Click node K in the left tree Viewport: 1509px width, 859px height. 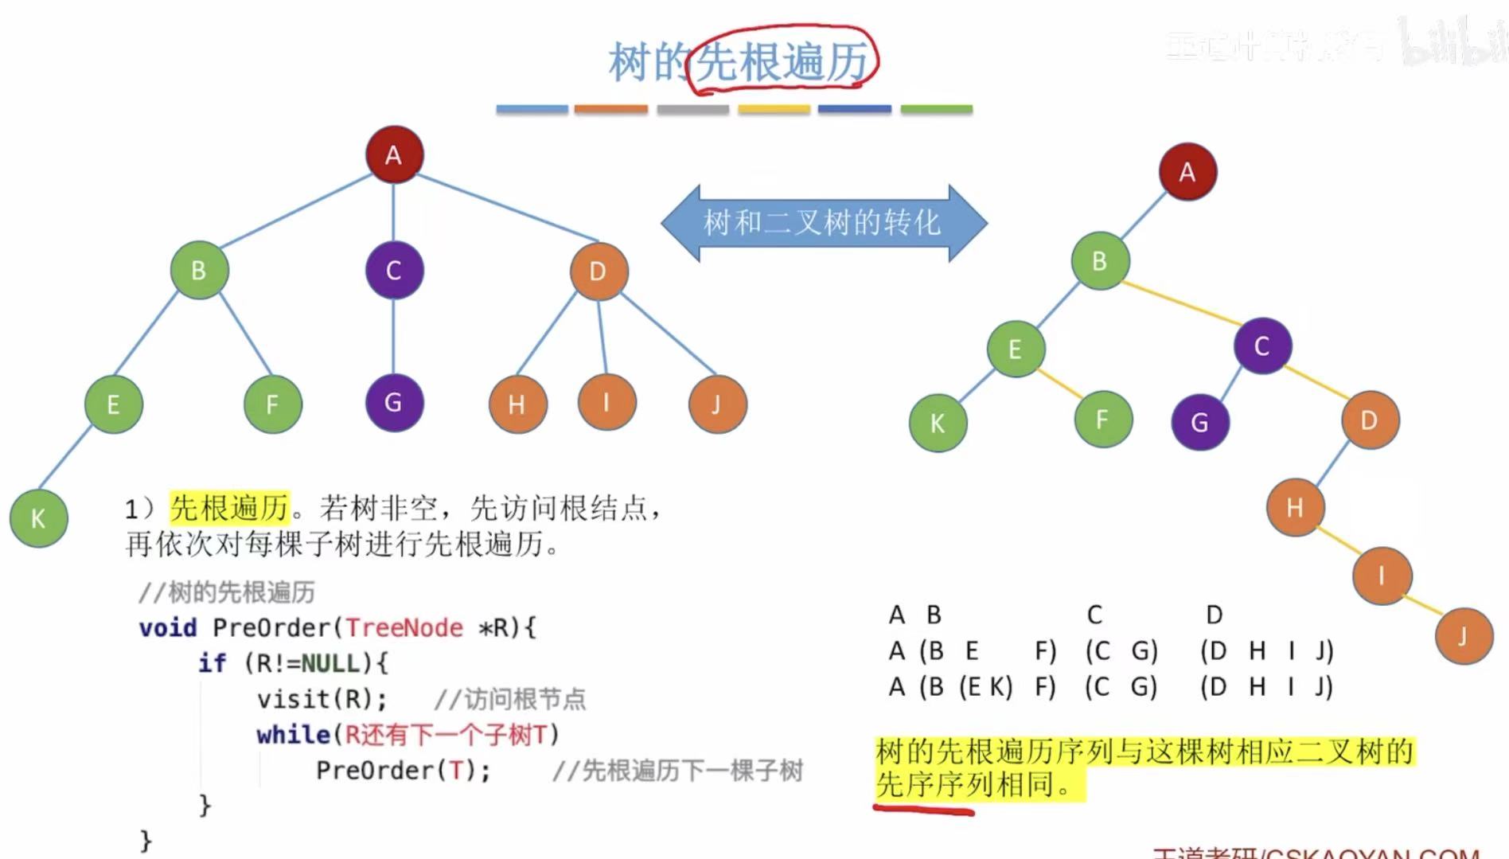click(x=38, y=518)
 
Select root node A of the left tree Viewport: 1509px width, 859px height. click(x=394, y=154)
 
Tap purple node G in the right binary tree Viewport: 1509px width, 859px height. click(x=1200, y=422)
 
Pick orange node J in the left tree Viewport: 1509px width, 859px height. click(x=717, y=404)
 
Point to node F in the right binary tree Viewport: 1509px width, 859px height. click(x=1102, y=419)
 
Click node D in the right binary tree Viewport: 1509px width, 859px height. click(x=1369, y=420)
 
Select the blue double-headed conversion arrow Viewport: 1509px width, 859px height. click(x=823, y=223)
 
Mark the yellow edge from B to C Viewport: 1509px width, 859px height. click(x=1181, y=303)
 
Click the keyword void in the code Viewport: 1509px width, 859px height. click(x=168, y=628)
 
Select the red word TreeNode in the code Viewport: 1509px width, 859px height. click(x=404, y=628)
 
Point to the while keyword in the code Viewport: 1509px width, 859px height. click(x=293, y=734)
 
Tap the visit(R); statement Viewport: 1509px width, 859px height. click(x=322, y=699)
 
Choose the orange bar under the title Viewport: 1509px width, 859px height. click(x=610, y=109)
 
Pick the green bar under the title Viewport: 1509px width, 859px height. click(x=936, y=109)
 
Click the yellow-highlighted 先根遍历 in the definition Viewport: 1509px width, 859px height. click(x=230, y=508)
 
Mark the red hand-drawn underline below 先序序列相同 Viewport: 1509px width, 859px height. click(x=923, y=810)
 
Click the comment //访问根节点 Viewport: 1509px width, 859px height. click(x=509, y=699)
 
